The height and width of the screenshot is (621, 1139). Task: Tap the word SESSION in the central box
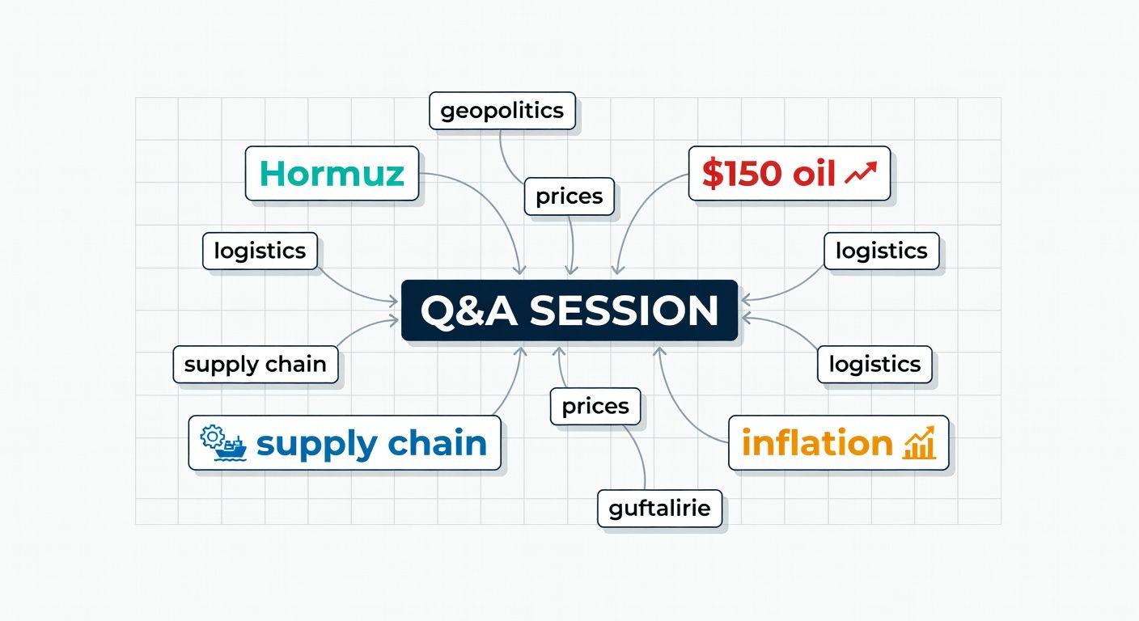coord(624,311)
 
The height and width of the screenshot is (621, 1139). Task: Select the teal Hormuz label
coord(332,173)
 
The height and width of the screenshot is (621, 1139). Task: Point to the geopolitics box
coord(502,111)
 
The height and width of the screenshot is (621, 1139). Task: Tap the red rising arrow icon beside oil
coord(860,173)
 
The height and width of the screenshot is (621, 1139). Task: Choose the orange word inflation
coord(817,443)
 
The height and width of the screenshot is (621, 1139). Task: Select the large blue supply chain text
coord(371,443)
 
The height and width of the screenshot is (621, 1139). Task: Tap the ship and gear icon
coord(223,443)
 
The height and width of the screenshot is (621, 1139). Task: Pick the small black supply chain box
coord(255,365)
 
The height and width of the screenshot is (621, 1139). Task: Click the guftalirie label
coord(659,509)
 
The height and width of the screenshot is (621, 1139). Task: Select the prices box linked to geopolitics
coord(569,196)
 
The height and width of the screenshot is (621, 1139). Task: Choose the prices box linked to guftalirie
coord(595,406)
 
